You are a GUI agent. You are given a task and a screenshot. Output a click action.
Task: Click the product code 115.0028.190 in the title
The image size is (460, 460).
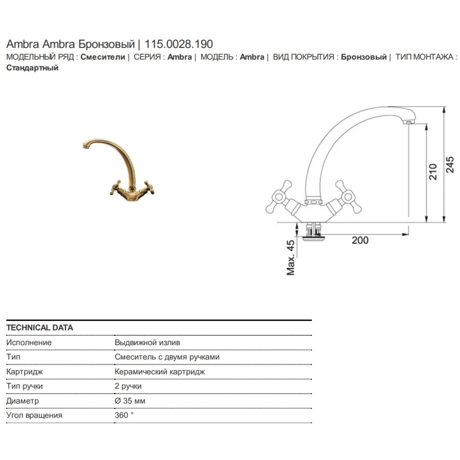(179, 45)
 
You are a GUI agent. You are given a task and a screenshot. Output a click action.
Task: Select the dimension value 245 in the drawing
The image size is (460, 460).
(450, 164)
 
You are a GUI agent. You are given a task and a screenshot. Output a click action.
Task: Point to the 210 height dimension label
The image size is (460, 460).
(432, 172)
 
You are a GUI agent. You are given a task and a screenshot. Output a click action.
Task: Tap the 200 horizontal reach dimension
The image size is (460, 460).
(360, 240)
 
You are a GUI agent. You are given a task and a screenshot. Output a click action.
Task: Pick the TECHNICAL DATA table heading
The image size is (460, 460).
(40, 328)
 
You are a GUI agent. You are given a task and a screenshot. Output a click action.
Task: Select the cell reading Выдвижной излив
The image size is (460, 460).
(147, 342)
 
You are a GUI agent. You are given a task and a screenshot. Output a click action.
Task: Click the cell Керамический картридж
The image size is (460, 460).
(160, 372)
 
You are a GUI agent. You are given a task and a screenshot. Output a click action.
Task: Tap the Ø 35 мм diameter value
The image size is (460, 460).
(130, 401)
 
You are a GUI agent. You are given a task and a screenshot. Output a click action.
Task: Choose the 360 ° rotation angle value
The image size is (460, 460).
(124, 415)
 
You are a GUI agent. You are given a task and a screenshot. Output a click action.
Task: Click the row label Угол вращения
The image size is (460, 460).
(34, 415)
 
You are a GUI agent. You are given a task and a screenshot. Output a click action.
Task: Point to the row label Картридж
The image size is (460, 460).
(24, 372)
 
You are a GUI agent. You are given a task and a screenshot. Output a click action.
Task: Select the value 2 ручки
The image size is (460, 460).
(128, 386)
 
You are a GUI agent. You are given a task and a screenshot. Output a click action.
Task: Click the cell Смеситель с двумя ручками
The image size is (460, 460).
(167, 357)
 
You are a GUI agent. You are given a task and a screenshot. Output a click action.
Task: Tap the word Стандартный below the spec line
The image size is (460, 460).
(32, 68)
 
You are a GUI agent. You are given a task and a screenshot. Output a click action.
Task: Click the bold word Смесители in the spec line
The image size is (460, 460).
(102, 57)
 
